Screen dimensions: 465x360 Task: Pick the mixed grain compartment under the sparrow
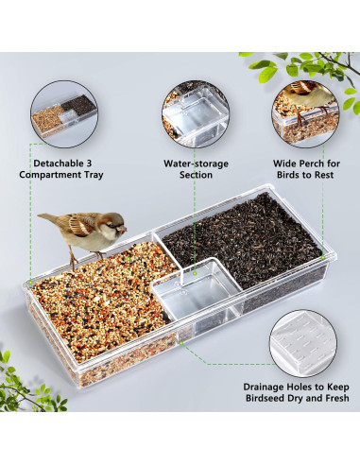[94, 302]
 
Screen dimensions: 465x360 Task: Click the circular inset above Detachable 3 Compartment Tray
[62, 109]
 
